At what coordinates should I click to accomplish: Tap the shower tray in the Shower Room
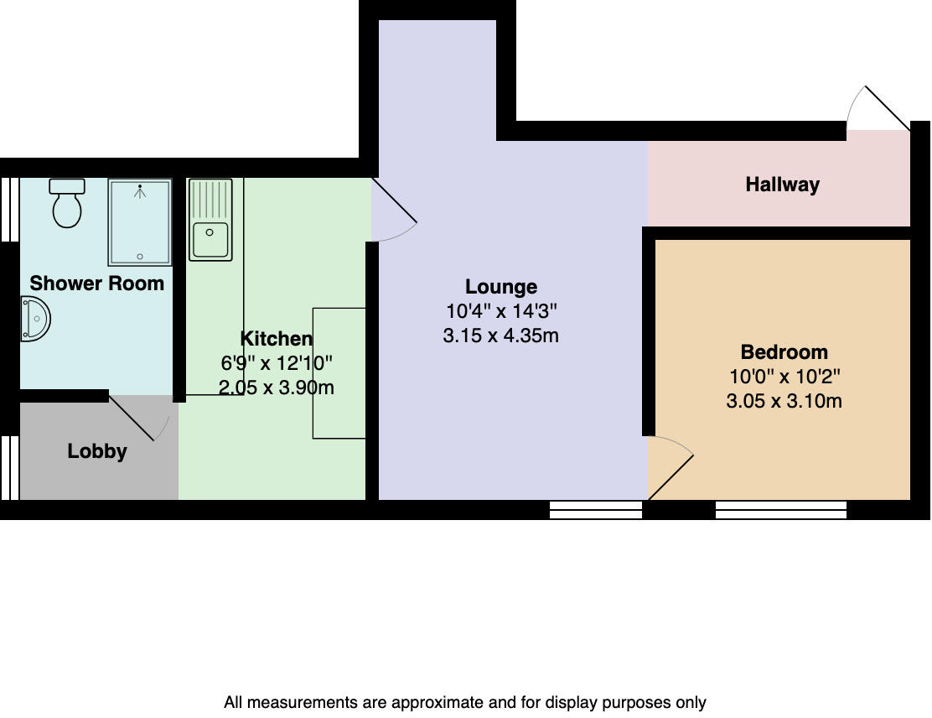(139, 222)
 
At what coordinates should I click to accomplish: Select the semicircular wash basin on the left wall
(35, 320)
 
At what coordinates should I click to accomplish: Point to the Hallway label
(782, 185)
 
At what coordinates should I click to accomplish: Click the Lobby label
(97, 451)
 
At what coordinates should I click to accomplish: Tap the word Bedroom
(784, 352)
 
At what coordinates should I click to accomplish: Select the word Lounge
(501, 287)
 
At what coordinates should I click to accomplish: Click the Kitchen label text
(276, 339)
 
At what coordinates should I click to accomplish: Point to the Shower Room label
(97, 284)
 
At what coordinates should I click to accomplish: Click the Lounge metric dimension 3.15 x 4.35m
(501, 336)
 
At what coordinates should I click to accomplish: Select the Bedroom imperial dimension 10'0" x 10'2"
(784, 377)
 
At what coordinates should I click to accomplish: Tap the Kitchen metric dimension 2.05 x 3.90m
(276, 388)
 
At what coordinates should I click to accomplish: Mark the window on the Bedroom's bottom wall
(780, 509)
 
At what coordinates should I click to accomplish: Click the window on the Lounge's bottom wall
(595, 509)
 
